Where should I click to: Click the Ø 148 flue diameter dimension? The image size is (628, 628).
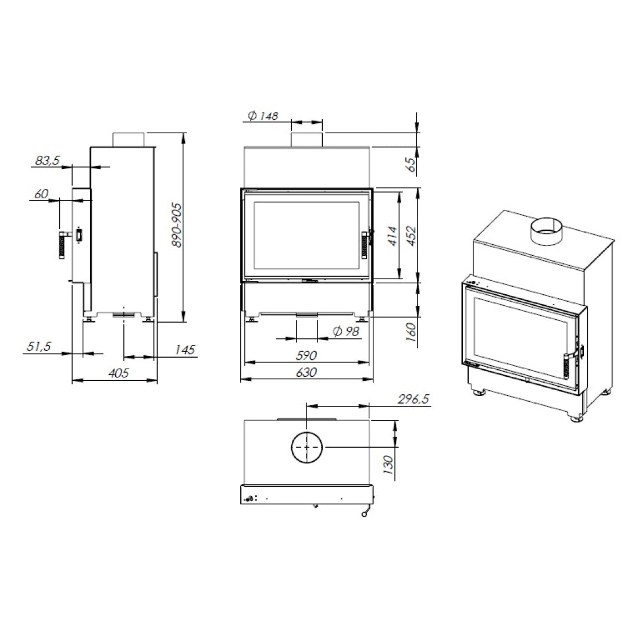(263, 116)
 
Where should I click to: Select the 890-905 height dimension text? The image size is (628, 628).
(178, 225)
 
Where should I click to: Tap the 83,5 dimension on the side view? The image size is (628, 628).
(48, 160)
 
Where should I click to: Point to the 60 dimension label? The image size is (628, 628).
(41, 194)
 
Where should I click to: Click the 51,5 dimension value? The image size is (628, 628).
(39, 347)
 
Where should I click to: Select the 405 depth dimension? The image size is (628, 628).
(119, 373)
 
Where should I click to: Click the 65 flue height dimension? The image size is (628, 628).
(411, 165)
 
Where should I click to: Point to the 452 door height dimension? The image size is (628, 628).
(412, 235)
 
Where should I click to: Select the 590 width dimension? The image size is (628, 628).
(306, 355)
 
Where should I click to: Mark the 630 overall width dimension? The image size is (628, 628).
(306, 373)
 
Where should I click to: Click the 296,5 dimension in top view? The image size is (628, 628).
(413, 399)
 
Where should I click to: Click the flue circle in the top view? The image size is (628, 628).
(307, 447)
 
